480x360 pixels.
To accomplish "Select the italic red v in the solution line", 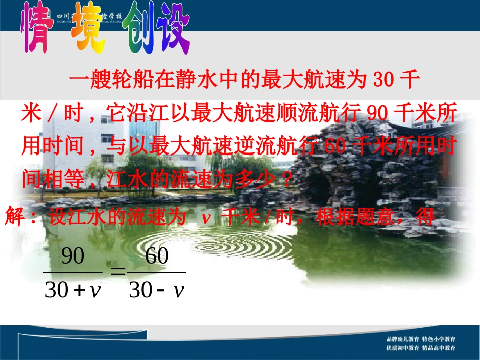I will [x=205, y=218].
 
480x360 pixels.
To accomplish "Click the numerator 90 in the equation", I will [x=72, y=256].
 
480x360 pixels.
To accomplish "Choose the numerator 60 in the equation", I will [x=157, y=256].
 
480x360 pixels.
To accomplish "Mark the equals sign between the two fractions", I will [x=118, y=272].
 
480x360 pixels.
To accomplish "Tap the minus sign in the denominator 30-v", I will [x=162, y=291].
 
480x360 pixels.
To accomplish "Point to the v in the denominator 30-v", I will [x=178, y=291].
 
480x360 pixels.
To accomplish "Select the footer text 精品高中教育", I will [x=439, y=348].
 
